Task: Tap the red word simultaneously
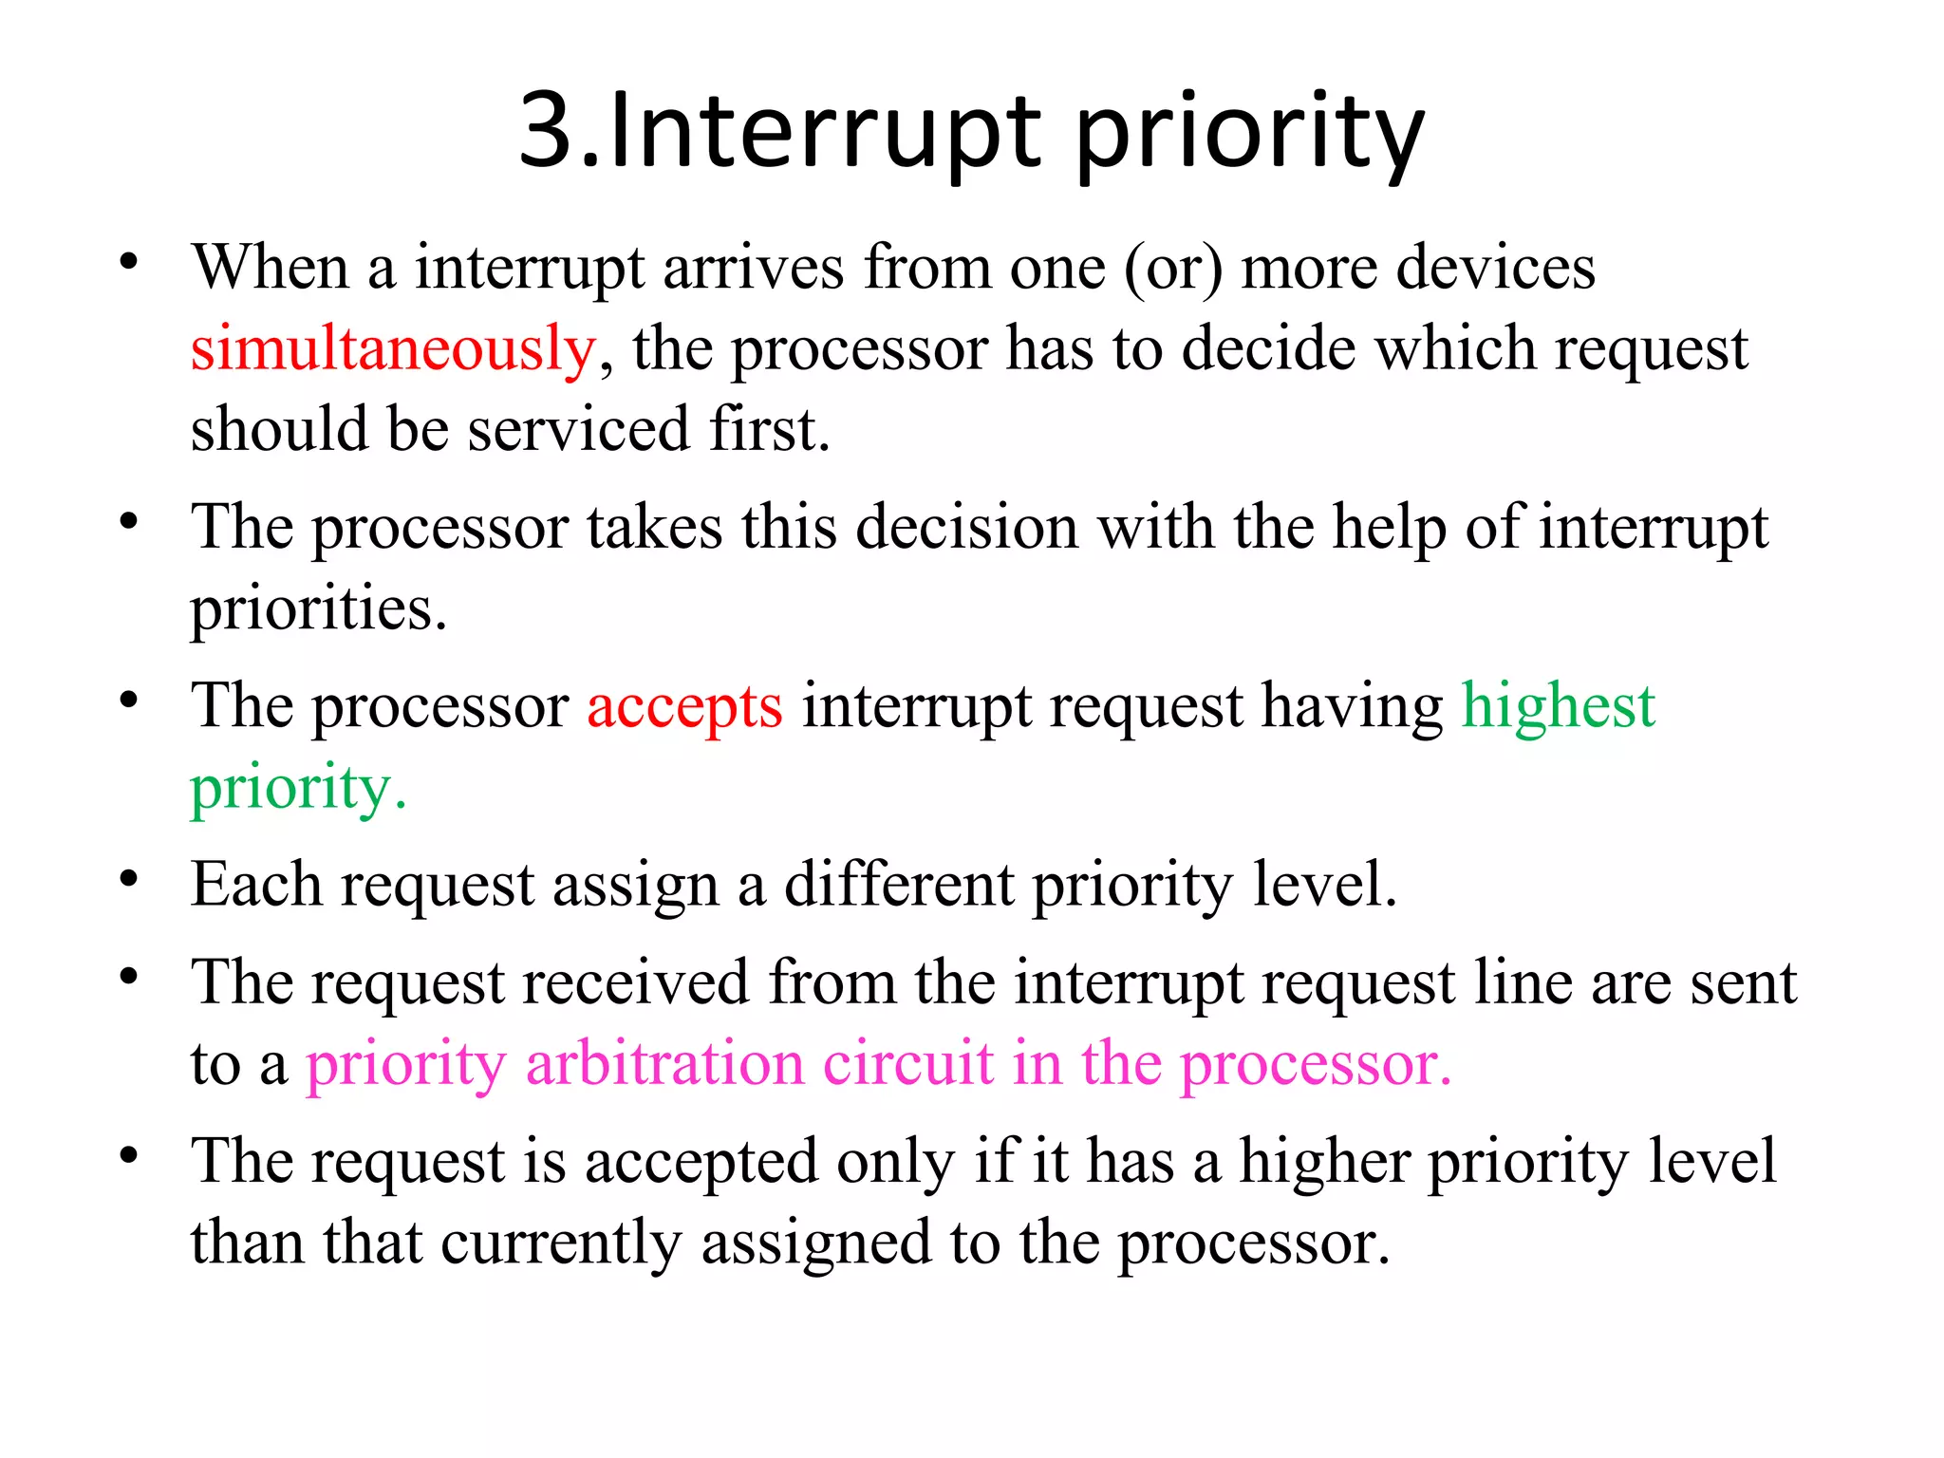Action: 393,349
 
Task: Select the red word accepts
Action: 684,708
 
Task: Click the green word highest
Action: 1558,706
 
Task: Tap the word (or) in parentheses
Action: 1173,269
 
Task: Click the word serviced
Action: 579,430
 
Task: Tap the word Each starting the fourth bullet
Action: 255,885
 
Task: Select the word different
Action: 899,885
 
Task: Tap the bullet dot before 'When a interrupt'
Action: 129,263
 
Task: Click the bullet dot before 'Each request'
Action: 129,879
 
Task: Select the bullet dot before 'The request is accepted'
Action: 129,1155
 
